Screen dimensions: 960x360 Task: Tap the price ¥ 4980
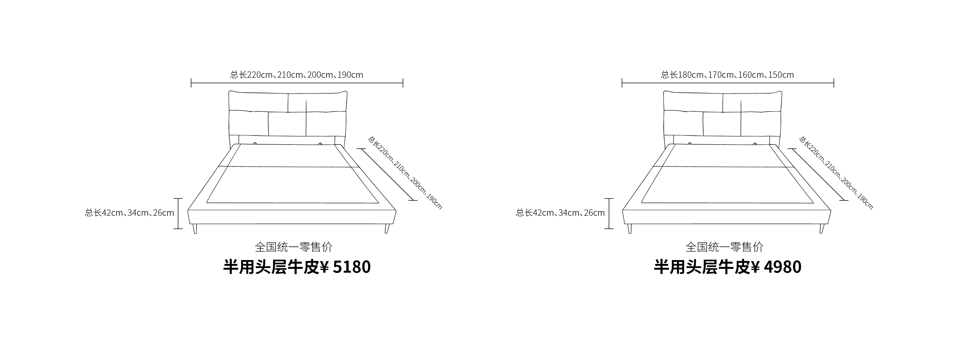point(776,267)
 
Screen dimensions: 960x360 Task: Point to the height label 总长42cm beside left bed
point(130,213)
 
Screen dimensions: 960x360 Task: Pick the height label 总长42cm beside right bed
point(560,213)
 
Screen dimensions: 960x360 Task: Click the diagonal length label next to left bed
point(405,173)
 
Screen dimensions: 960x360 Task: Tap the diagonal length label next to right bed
point(836,173)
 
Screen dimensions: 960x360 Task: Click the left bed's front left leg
point(195,228)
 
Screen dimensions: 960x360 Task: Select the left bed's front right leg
point(387,228)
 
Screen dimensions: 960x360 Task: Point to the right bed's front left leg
point(629,228)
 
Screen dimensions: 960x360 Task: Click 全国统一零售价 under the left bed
point(294,247)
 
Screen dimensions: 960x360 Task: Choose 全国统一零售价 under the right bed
point(724,247)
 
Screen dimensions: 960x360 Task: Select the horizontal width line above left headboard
point(297,83)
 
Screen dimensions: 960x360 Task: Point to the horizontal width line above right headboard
point(728,83)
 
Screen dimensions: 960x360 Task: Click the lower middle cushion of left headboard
point(287,124)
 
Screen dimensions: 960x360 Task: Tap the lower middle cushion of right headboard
point(722,124)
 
